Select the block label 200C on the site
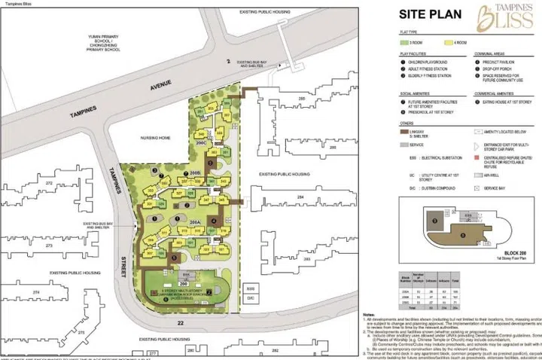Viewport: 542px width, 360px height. pos(202,142)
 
